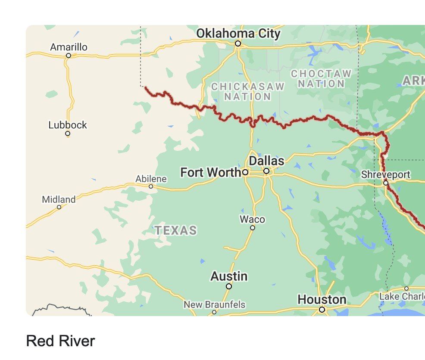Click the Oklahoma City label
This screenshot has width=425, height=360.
[x=238, y=34]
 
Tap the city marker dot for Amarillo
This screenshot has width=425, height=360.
[x=68, y=56]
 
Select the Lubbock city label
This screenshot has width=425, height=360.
[x=68, y=125]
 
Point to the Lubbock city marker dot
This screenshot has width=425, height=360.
[x=68, y=133]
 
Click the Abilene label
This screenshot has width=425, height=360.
[x=151, y=179]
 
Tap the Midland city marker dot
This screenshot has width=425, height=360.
[x=59, y=207]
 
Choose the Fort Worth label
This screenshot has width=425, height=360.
[x=210, y=173]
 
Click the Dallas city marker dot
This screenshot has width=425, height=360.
[x=266, y=171]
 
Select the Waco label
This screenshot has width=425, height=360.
[x=252, y=220]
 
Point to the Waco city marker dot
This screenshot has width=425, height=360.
[x=253, y=228]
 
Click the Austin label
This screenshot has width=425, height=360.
[x=229, y=276]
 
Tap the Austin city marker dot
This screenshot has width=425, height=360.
[x=229, y=286]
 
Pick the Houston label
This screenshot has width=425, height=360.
[x=322, y=299]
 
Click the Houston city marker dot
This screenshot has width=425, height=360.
[x=322, y=309]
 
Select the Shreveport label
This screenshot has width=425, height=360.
[x=386, y=175]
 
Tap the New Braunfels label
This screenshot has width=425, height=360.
[x=214, y=305]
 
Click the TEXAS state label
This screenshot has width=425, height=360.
[x=176, y=230]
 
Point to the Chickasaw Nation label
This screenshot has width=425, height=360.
[x=248, y=92]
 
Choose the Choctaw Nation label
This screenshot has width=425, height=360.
[x=321, y=78]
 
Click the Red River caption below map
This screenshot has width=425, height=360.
[x=60, y=341]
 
